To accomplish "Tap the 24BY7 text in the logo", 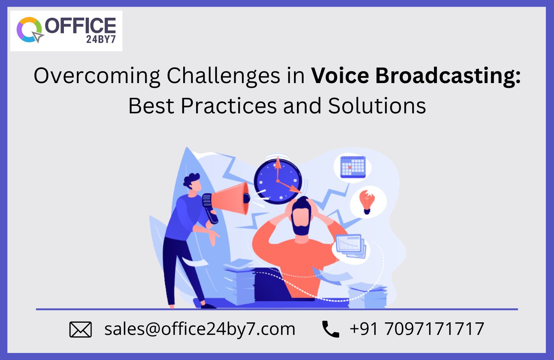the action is (101, 40).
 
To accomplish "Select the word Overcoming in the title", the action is (97, 76).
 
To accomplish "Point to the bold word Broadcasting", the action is (448, 76).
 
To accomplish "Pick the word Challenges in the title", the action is (223, 76).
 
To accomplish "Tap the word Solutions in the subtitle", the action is (377, 106).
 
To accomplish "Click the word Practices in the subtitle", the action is (229, 106).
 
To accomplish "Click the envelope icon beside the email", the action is (81, 330).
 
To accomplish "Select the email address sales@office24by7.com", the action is (200, 329).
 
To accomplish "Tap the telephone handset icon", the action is (331, 329).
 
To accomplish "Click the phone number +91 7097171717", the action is (417, 329).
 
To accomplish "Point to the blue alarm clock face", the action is (278, 181).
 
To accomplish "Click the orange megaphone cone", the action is (230, 199).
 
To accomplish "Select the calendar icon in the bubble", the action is (353, 167).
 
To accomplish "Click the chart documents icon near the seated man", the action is (350, 246).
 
